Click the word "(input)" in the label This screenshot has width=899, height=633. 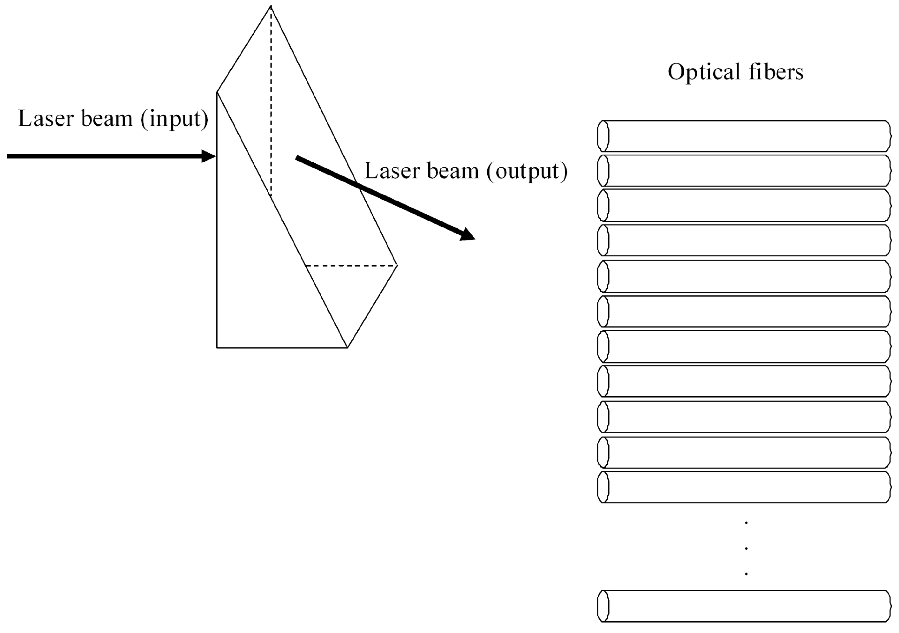(x=174, y=119)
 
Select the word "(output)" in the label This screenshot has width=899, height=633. (x=527, y=171)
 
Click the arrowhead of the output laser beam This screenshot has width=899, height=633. (x=467, y=234)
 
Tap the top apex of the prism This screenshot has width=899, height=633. (x=271, y=6)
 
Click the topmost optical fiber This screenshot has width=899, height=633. (x=744, y=136)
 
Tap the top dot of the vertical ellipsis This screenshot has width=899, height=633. (x=746, y=523)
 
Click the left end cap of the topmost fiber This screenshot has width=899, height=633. (x=603, y=136)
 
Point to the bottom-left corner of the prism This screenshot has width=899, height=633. (x=217, y=347)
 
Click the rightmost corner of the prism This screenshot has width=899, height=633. (x=397, y=265)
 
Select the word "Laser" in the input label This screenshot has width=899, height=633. (x=46, y=119)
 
